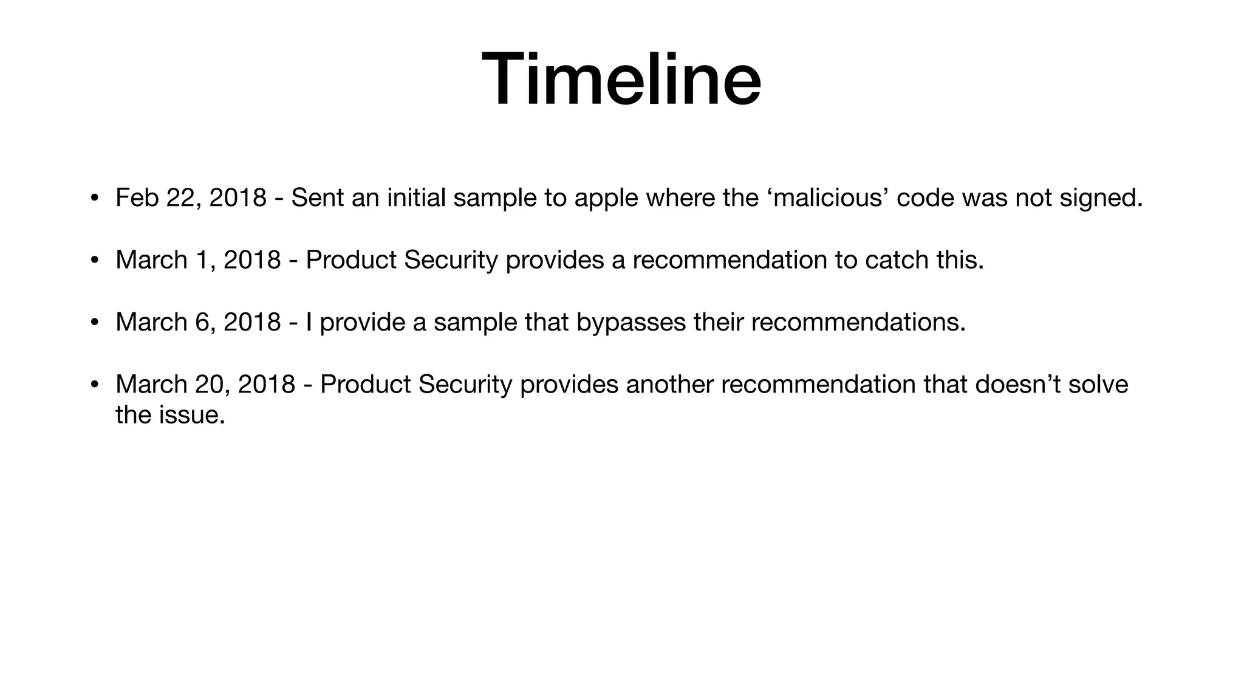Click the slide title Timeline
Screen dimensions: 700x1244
tap(621, 80)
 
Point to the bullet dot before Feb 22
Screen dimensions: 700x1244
tap(94, 199)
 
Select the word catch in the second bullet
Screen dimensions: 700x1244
tap(897, 260)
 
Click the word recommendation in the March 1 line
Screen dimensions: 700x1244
tap(730, 260)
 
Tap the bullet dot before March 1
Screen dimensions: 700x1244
tap(94, 261)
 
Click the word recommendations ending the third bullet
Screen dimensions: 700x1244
tap(858, 322)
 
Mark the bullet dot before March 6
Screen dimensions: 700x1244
tap(94, 323)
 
